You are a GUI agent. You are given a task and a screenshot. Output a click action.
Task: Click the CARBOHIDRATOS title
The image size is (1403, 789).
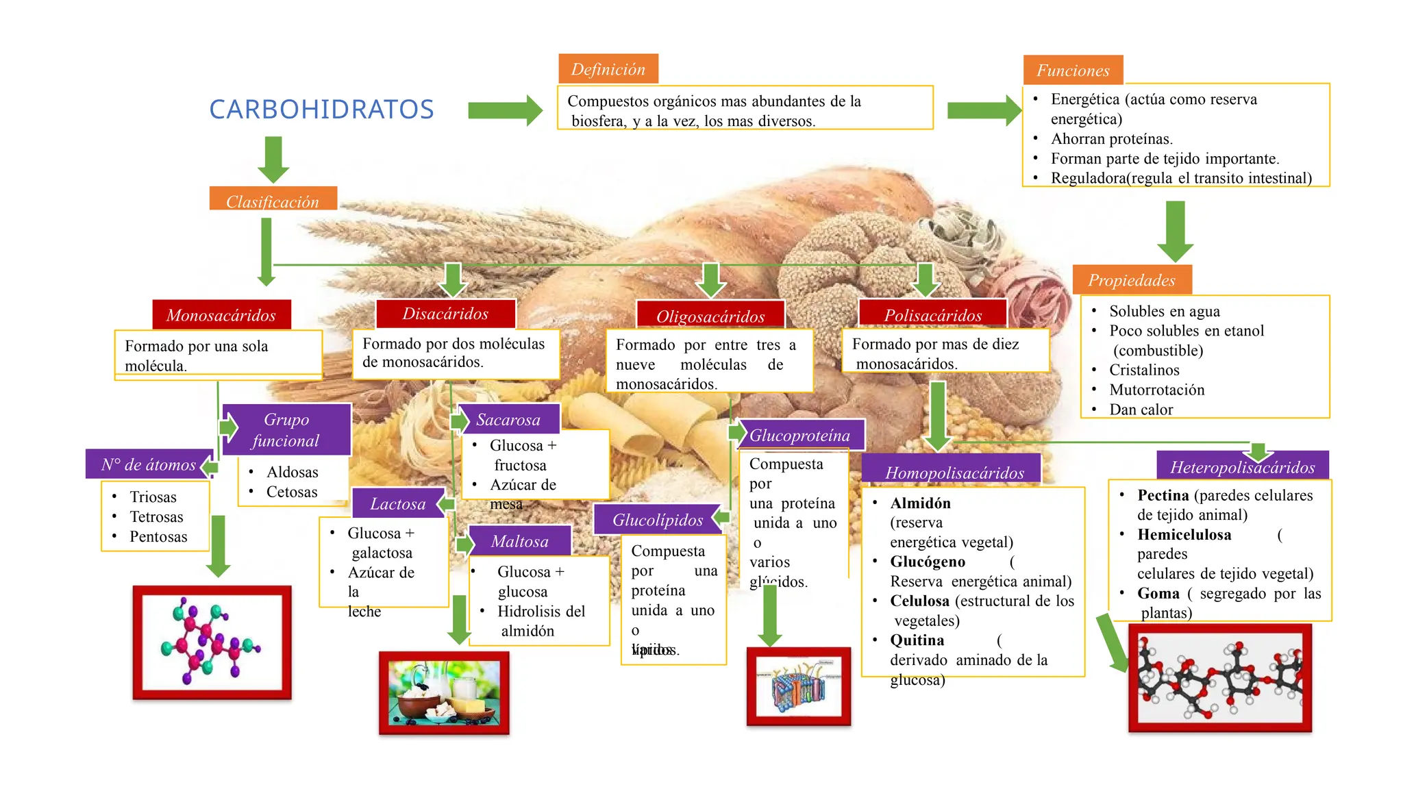pyautogui.click(x=321, y=110)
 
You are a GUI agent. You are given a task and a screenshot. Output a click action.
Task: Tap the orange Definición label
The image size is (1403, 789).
pyautogui.click(x=608, y=69)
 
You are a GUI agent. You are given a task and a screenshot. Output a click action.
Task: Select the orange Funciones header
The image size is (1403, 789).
pyautogui.click(x=1073, y=70)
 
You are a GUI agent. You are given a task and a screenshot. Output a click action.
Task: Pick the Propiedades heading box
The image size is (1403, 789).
pyautogui.click(x=1132, y=280)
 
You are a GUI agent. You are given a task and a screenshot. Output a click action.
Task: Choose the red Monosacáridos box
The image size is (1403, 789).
pyautogui.click(x=221, y=315)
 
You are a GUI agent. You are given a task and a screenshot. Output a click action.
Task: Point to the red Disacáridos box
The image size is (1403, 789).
pyautogui.click(x=445, y=314)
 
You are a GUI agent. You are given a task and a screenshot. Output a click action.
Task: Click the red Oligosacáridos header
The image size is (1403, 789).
pyautogui.click(x=710, y=316)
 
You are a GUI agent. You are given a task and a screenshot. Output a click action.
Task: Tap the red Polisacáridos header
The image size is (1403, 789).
pyautogui.click(x=932, y=314)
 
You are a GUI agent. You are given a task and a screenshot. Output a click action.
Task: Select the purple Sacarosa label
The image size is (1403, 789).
pyautogui.click(x=508, y=419)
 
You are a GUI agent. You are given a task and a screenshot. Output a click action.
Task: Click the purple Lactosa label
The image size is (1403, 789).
pyautogui.click(x=398, y=503)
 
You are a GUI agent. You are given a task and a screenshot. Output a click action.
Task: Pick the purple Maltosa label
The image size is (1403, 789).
pyautogui.click(x=520, y=541)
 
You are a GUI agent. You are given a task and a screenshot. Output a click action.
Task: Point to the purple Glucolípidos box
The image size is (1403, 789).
pyautogui.click(x=658, y=520)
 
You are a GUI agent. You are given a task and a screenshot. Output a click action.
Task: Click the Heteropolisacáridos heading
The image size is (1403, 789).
pyautogui.click(x=1242, y=467)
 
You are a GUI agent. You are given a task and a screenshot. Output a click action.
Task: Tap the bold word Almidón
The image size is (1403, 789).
pyautogui.click(x=920, y=503)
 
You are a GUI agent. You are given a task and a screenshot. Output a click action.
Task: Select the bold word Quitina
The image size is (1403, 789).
pyautogui.click(x=917, y=640)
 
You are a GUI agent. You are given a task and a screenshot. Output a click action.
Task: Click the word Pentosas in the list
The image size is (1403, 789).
pyautogui.click(x=158, y=537)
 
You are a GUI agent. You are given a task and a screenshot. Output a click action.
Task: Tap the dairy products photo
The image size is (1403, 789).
pyautogui.click(x=444, y=693)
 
